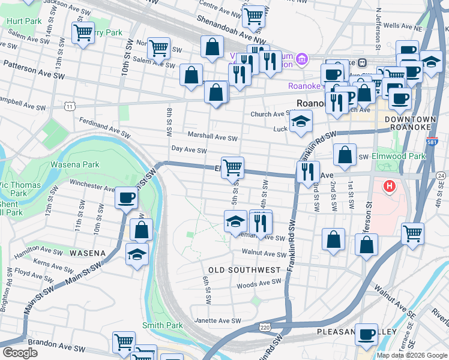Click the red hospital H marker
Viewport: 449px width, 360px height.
tap(390, 187)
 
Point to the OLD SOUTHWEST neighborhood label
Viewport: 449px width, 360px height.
tap(244, 270)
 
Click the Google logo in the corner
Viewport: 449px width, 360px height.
tap(20, 353)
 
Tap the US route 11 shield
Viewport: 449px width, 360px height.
tap(71, 106)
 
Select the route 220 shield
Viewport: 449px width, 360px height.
tap(265, 328)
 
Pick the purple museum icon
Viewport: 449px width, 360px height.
tap(301, 59)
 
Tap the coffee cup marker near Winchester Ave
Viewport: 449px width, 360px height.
tap(126, 197)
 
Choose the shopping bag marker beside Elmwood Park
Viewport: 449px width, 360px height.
tap(345, 155)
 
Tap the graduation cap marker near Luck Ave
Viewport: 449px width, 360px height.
tap(300, 122)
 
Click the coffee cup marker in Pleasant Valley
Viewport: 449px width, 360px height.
tap(366, 334)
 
